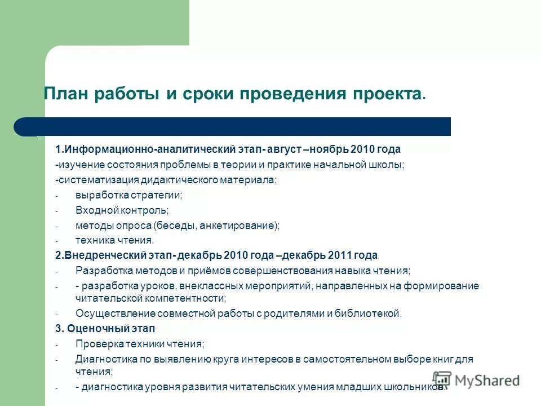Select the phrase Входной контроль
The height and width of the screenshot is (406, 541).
(x=122, y=210)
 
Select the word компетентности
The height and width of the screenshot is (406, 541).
(x=188, y=298)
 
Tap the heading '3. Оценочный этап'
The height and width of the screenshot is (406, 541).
(x=105, y=328)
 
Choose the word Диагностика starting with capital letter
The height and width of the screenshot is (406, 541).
(x=102, y=359)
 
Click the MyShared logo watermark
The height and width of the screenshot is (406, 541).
(x=476, y=380)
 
